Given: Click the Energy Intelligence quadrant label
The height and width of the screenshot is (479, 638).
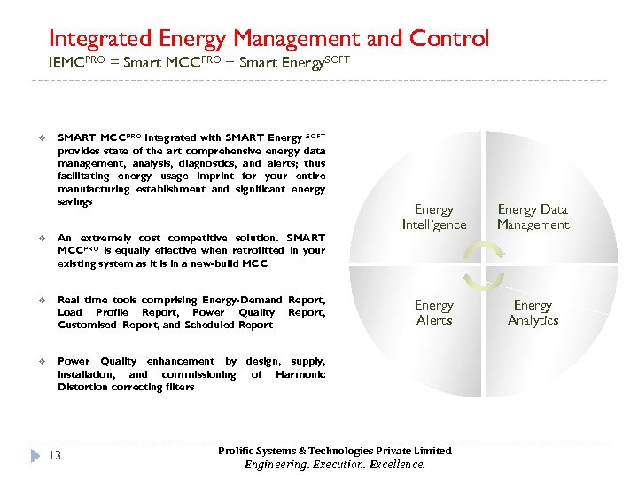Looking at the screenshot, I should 434,217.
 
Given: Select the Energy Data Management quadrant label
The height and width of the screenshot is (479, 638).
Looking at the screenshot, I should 533,217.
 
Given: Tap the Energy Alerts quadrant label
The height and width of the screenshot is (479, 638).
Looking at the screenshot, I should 434,312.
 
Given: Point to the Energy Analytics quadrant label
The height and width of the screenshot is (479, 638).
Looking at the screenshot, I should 533,312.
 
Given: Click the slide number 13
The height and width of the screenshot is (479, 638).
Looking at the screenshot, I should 55,456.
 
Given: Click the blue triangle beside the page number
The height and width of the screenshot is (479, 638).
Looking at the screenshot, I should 36,456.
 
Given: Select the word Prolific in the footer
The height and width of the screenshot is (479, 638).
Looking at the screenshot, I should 237,451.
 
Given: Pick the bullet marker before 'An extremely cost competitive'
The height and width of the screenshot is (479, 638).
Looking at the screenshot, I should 42,239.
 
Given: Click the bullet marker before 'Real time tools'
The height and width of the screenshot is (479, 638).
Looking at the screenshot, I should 42,301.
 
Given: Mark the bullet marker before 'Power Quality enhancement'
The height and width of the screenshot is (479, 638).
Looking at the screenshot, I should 42,362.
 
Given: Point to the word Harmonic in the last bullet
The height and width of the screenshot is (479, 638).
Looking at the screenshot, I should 300,374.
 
